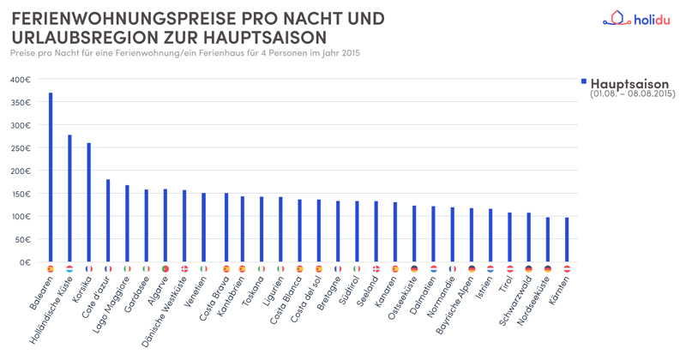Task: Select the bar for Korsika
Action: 88,202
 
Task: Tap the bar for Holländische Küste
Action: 69,198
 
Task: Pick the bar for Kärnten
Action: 567,239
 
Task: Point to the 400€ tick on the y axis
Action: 21,80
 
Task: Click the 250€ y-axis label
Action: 21,148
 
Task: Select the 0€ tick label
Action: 25,262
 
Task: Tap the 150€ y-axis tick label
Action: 21,194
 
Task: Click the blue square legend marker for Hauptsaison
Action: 584,81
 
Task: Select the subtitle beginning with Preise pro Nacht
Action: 184,53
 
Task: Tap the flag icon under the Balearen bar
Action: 51,269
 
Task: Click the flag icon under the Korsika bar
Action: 88,269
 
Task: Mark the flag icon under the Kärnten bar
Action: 567,269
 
